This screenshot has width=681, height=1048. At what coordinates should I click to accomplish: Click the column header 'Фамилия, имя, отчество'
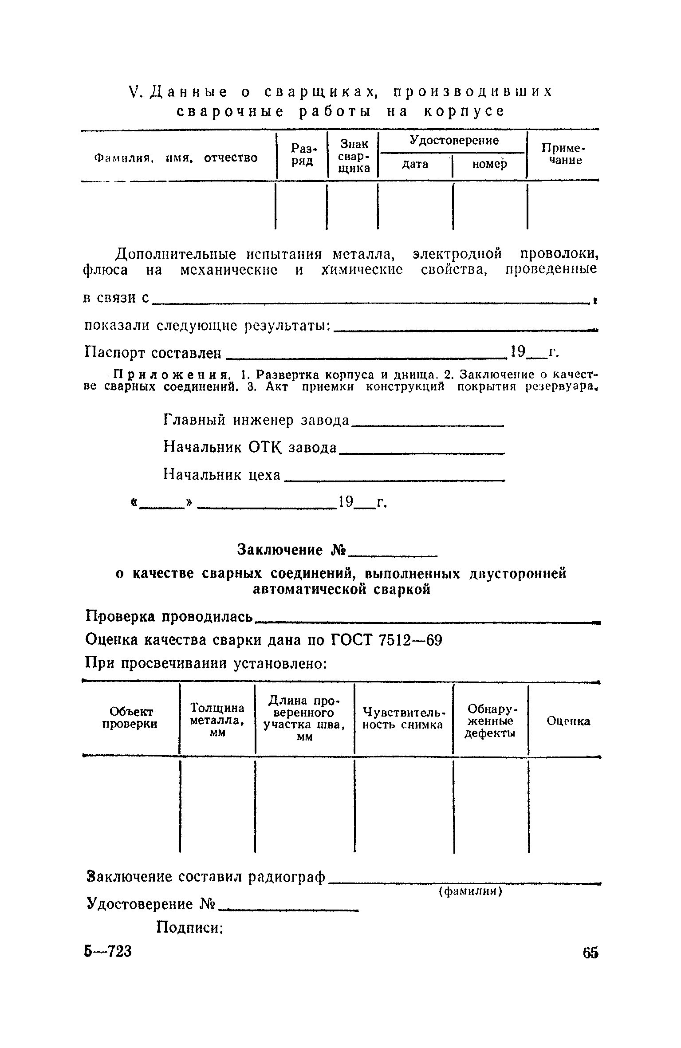176,158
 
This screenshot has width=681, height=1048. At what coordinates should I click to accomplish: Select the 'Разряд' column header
302,154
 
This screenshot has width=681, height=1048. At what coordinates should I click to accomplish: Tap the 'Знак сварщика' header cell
353,156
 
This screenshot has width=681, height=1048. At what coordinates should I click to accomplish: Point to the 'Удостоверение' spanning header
453,141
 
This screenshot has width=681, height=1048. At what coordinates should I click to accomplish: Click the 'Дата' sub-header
415,165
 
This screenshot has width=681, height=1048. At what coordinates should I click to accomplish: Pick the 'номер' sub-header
489,165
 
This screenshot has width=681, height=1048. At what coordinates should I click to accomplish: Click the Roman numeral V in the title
134,92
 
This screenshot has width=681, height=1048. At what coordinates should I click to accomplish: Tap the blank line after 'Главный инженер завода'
427,425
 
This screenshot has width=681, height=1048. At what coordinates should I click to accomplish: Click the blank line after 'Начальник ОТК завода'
421,452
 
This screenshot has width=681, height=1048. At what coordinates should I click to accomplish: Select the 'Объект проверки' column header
130,718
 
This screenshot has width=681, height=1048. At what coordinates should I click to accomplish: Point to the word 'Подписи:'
189,928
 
